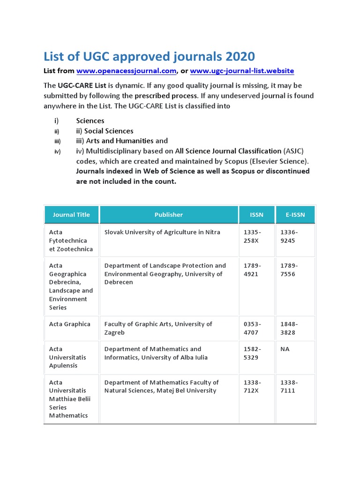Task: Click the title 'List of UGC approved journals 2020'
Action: [149, 57]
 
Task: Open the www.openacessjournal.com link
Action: [126, 71]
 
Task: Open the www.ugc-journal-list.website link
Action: [242, 71]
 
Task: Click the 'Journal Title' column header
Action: [71, 215]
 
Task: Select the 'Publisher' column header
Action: [169, 215]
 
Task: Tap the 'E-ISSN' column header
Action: [295, 215]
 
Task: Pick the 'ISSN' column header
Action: [257, 215]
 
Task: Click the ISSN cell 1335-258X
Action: [253, 236]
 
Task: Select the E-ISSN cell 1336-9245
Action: [289, 236]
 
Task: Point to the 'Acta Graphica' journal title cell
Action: [70, 324]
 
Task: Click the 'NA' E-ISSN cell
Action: [285, 349]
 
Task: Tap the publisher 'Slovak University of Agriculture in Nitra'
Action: [162, 232]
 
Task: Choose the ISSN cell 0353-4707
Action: [253, 328]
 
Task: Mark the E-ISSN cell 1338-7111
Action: [289, 386]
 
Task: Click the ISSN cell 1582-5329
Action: [253, 353]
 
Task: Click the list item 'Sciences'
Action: [90, 120]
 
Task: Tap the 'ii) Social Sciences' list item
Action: [105, 131]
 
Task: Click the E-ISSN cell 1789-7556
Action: [289, 270]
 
